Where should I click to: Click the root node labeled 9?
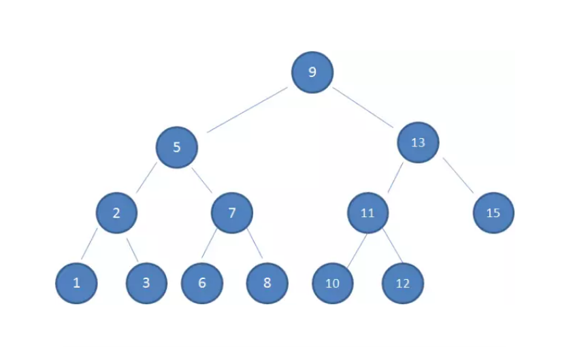pyautogui.click(x=312, y=72)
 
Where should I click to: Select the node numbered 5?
pyautogui.click(x=176, y=147)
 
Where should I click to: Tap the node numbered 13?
pyautogui.click(x=418, y=142)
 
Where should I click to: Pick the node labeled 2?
pyautogui.click(x=116, y=213)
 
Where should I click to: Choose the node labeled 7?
pyautogui.click(x=231, y=213)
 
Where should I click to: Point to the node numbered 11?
pyautogui.click(x=368, y=213)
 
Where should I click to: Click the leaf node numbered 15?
pyautogui.click(x=493, y=213)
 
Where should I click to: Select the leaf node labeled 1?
pyautogui.click(x=76, y=282)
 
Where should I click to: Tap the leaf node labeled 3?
pyautogui.click(x=146, y=282)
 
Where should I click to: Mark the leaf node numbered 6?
pyautogui.click(x=202, y=282)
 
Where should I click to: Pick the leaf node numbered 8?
pyautogui.click(x=267, y=282)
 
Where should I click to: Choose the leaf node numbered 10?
pyautogui.click(x=332, y=283)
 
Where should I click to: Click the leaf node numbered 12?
pyautogui.click(x=403, y=283)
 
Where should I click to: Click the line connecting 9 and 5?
pyautogui.click(x=247, y=110)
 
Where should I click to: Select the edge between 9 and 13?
pyautogui.click(x=363, y=108)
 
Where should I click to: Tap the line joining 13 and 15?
pyautogui.click(x=458, y=175)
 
